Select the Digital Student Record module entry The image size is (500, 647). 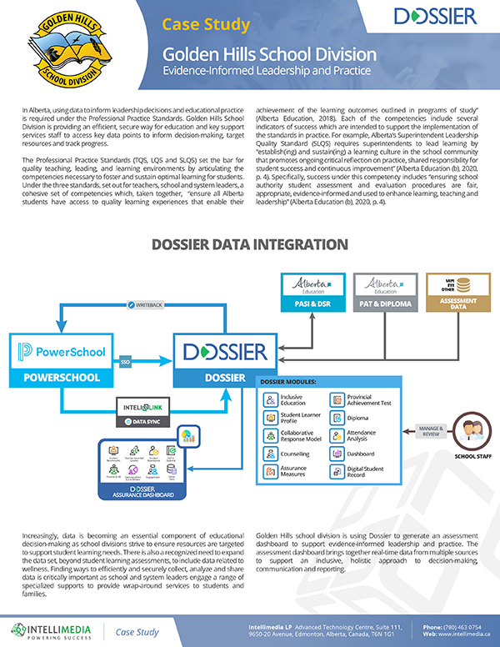coord(364,473)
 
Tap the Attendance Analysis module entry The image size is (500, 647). coord(364,435)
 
